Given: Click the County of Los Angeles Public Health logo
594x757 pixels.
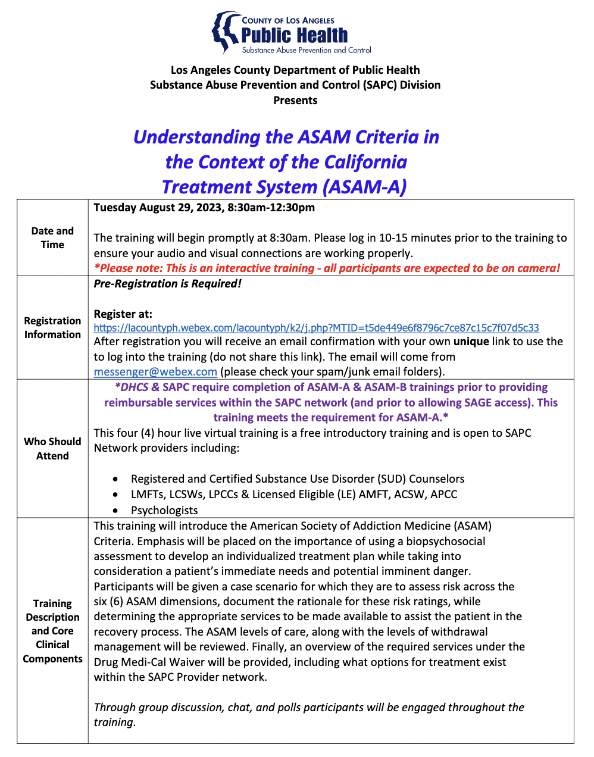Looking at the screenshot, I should coord(292,33).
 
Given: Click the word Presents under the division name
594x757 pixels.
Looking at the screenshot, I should coord(295,101).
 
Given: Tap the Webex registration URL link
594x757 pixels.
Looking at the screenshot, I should coord(316,328).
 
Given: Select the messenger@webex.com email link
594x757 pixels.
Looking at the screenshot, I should coord(155,372).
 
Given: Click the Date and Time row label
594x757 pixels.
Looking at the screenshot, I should coord(52,237).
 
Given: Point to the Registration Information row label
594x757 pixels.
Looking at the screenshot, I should coord(52,327).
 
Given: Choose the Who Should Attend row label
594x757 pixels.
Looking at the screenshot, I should coord(52,449).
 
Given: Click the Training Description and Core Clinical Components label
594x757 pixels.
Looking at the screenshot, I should coord(52,631).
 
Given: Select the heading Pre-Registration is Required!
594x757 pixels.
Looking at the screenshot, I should coord(167,284).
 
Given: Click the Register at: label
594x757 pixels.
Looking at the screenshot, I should coord(123,314).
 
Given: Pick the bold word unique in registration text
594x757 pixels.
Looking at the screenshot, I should coord(471,342).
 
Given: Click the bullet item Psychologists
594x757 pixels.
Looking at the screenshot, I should coord(164,511).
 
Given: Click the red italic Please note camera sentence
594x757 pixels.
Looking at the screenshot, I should coord(327,268).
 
